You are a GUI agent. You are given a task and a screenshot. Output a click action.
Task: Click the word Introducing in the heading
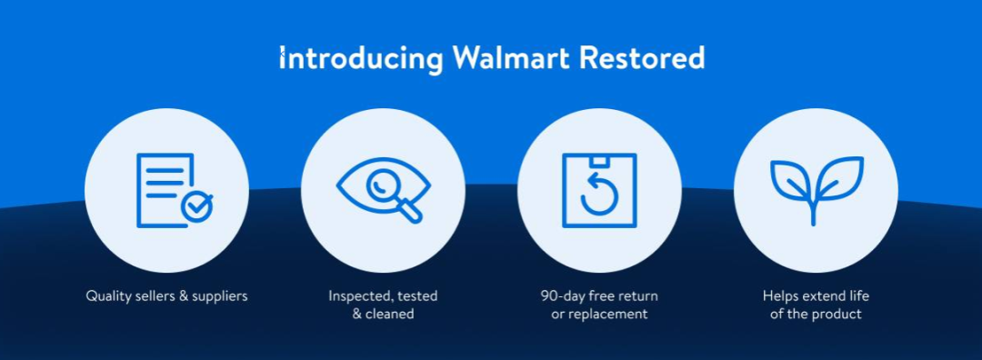(361, 59)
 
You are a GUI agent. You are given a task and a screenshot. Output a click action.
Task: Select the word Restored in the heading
(642, 58)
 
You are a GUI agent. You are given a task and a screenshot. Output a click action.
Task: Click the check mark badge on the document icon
(197, 207)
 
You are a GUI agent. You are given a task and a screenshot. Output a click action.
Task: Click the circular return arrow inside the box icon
(599, 194)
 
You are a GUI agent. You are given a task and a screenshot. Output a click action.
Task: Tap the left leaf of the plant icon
(791, 180)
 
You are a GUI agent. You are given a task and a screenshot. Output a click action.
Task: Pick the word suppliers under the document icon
(219, 296)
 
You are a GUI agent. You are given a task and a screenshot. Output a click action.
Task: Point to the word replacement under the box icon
(608, 315)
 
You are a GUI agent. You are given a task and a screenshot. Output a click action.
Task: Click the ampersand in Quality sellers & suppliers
(184, 296)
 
